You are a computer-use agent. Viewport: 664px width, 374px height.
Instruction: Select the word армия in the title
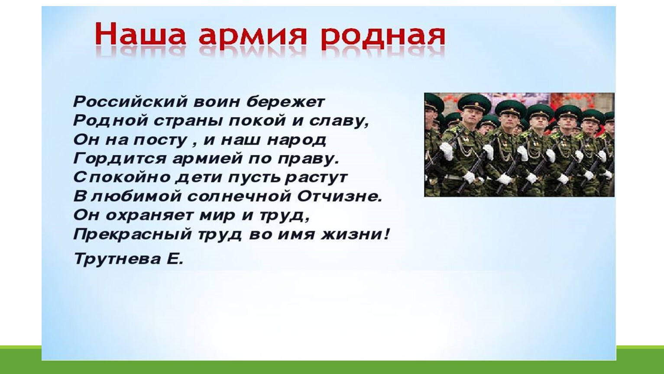(x=253, y=37)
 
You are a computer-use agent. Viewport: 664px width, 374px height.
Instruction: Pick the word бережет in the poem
(x=285, y=102)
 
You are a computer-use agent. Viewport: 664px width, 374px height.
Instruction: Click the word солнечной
(x=239, y=197)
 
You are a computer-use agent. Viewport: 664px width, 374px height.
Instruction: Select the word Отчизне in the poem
(x=340, y=197)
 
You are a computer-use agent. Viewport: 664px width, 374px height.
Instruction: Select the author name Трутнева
(x=117, y=259)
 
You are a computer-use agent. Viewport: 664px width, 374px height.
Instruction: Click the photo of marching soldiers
(x=519, y=145)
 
